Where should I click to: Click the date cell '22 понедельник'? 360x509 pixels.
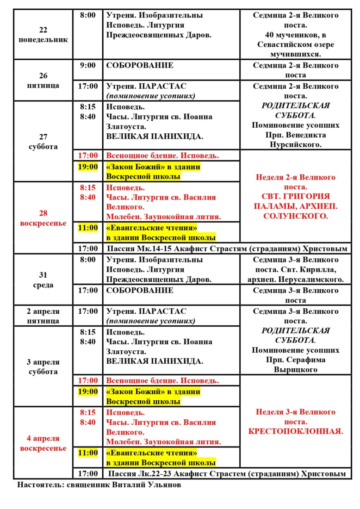click(43, 35)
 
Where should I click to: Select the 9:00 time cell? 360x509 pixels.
click(87, 65)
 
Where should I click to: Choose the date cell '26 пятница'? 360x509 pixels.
click(43, 81)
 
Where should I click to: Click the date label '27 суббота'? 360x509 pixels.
click(43, 142)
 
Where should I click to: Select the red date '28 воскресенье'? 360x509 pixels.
click(43, 218)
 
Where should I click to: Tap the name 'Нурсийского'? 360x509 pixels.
click(295, 145)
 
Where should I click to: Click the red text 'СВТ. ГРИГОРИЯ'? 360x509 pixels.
click(295, 197)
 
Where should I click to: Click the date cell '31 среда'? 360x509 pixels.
click(43, 280)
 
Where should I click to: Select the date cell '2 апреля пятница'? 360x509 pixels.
click(43, 316)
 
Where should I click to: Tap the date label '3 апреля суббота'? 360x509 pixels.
click(43, 366)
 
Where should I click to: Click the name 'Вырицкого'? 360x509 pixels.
click(295, 370)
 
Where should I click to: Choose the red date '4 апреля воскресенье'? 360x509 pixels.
click(43, 443)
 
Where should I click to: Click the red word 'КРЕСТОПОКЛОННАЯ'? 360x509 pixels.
click(295, 432)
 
